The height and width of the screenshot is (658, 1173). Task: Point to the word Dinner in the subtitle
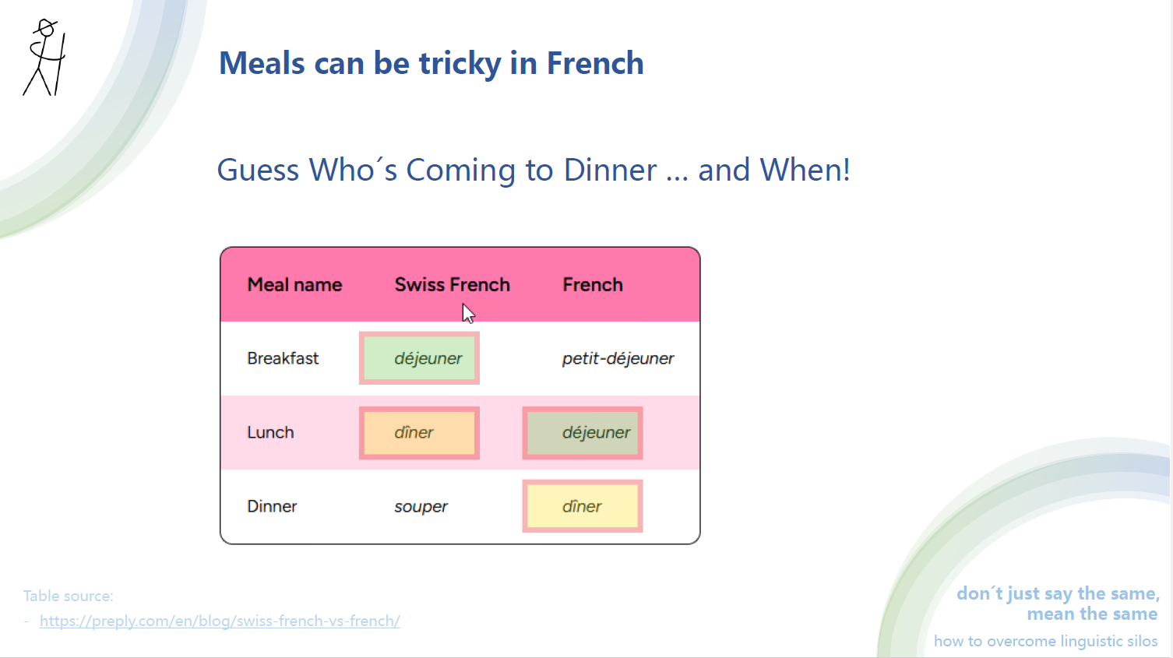[x=610, y=170]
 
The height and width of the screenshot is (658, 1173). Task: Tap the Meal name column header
[x=294, y=285]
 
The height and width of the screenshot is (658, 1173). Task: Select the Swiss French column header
[x=452, y=285]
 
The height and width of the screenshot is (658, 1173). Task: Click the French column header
[x=592, y=285]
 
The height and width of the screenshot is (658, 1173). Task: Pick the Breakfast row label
[x=283, y=358]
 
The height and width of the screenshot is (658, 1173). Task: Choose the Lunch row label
[x=270, y=432]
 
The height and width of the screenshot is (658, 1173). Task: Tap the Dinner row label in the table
[x=272, y=506]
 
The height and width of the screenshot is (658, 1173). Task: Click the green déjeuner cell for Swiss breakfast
[x=420, y=358]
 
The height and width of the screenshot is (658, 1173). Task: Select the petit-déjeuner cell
[x=618, y=358]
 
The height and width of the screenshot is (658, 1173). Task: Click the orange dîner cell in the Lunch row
[x=419, y=433]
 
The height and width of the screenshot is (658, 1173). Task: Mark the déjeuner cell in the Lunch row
[x=583, y=433]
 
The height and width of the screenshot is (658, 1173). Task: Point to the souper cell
[x=421, y=507]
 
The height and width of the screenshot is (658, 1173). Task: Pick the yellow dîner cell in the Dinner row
[x=583, y=506]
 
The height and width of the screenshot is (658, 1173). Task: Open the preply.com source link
[x=220, y=621]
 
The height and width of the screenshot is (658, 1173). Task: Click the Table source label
[x=68, y=596]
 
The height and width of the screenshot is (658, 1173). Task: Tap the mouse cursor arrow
[x=467, y=313]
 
